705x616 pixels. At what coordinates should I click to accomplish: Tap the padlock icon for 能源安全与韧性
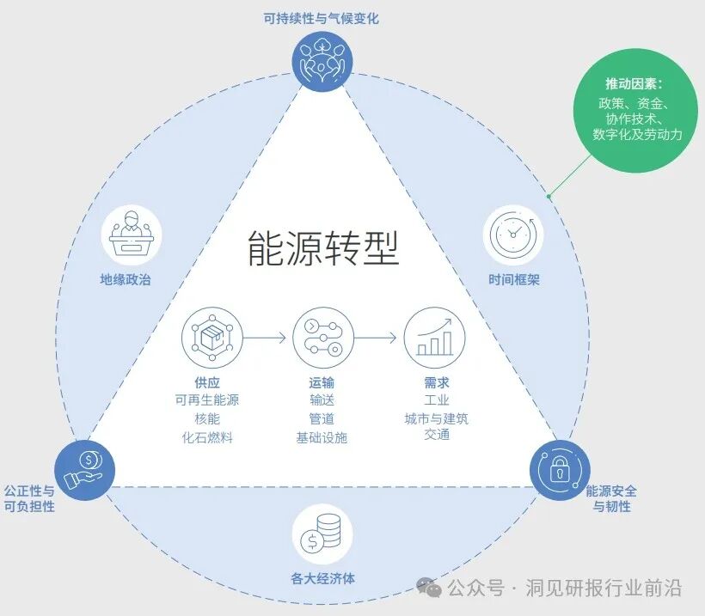point(560,469)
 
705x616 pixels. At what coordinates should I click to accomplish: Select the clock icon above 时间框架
point(514,235)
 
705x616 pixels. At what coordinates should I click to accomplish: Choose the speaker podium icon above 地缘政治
point(132,233)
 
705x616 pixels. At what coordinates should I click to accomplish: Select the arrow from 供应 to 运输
point(266,338)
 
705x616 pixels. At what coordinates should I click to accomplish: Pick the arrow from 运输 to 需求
point(377,338)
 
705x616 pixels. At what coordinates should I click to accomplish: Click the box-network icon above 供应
point(212,338)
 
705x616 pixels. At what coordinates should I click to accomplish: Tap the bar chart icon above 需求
point(435,338)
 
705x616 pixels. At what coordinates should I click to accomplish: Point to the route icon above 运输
point(322,338)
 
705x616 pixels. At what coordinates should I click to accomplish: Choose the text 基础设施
point(322,437)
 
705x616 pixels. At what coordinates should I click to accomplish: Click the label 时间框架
point(514,280)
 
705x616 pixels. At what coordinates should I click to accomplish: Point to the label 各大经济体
point(322,578)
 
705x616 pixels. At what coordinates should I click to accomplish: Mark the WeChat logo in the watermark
point(429,588)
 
